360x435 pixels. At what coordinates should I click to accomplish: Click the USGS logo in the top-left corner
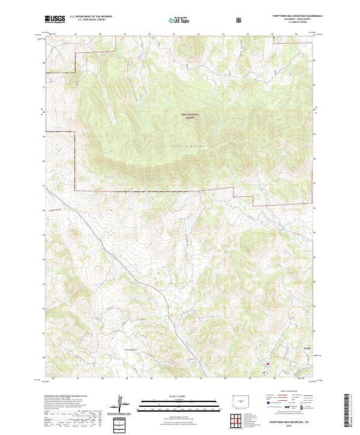coord(55,19)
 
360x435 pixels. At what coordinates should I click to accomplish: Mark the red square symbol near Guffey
coord(268,363)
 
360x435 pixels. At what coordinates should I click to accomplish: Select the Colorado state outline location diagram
coord(241,400)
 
